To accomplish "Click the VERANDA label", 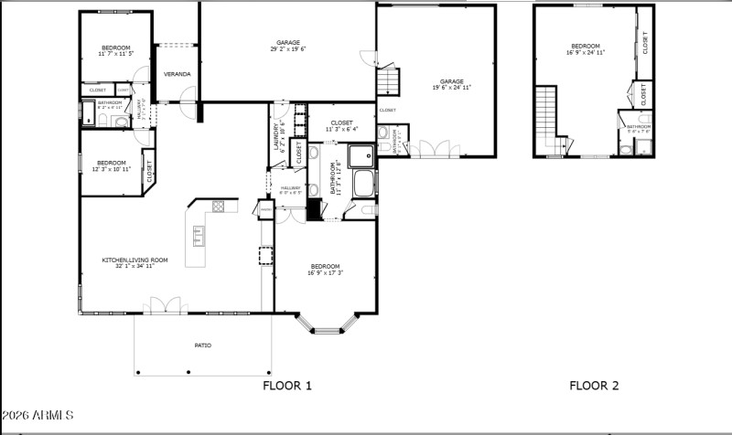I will [177, 74].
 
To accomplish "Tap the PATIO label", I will [202, 345].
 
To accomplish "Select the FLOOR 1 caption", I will [287, 386].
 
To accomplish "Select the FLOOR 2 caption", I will [594, 386].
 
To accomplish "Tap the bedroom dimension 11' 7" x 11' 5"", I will [116, 54].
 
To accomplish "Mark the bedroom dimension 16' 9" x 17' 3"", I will [325, 272].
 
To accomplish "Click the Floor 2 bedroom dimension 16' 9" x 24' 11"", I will [586, 53].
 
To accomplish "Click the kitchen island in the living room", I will [198, 237].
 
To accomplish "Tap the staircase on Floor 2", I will [546, 119].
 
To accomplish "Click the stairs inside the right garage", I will [389, 83].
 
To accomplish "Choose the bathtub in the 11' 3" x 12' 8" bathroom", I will [363, 183].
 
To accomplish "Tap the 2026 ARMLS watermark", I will [38, 416].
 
